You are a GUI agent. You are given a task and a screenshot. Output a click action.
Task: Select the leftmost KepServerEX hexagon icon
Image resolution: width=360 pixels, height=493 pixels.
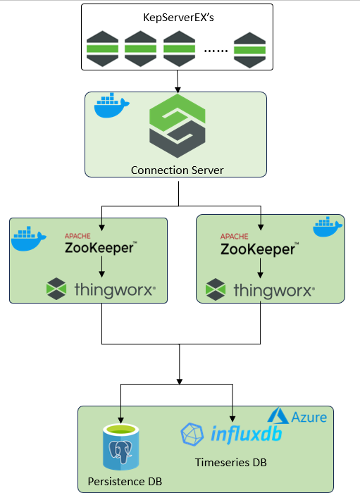point(101,50)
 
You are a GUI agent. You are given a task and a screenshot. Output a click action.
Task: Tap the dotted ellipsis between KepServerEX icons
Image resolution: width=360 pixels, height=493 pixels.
point(216,50)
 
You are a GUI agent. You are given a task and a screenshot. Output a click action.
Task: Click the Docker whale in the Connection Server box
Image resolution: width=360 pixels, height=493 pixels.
point(111,106)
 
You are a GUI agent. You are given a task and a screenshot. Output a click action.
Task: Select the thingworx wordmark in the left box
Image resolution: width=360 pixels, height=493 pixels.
point(114,289)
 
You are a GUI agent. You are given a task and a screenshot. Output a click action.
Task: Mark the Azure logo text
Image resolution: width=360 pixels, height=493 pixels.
point(309,418)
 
